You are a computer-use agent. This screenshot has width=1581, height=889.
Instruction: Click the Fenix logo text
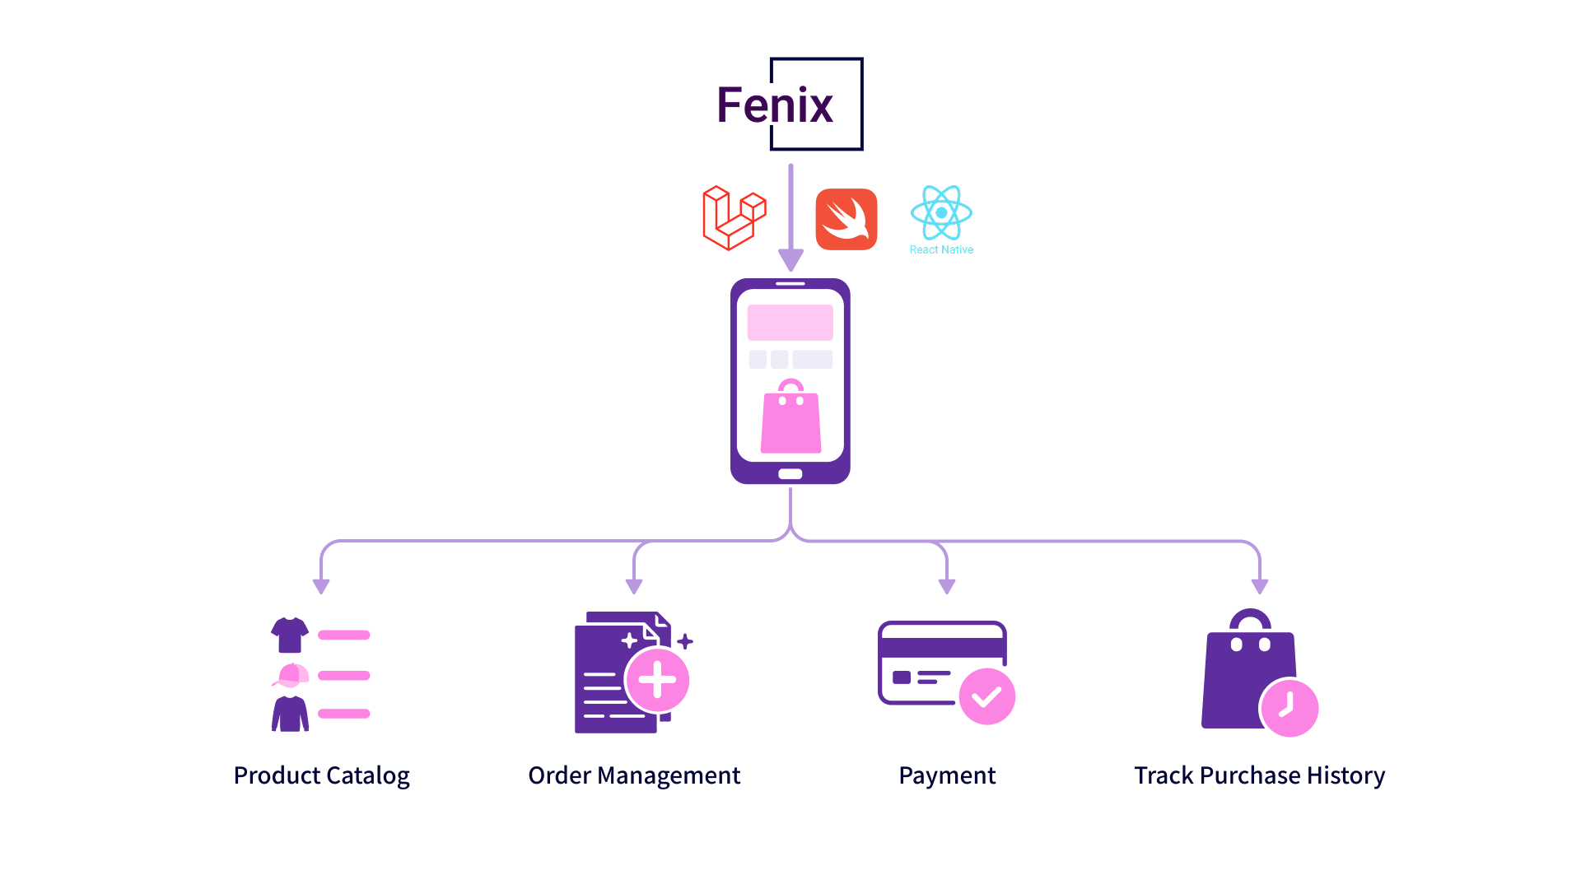pyautogui.click(x=775, y=105)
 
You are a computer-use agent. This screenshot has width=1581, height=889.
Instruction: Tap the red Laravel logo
pyautogui.click(x=734, y=218)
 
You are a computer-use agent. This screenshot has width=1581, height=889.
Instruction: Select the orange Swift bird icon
pyautogui.click(x=846, y=219)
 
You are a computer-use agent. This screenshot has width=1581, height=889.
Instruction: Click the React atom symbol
pyautogui.click(x=941, y=212)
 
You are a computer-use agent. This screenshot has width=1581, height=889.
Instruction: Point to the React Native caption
pyautogui.click(x=941, y=249)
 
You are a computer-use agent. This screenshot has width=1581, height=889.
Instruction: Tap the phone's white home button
pyautogui.click(x=790, y=474)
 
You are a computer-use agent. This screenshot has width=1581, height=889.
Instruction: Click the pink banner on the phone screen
pyautogui.click(x=790, y=323)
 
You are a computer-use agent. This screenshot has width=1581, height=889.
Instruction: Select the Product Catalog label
pyautogui.click(x=321, y=775)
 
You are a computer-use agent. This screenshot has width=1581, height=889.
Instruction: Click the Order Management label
pyautogui.click(x=634, y=775)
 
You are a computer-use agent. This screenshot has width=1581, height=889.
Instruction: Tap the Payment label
pyautogui.click(x=947, y=775)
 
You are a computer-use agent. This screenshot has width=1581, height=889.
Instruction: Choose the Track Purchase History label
pyautogui.click(x=1260, y=775)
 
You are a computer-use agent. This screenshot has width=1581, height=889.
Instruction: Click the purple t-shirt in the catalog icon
pyautogui.click(x=290, y=635)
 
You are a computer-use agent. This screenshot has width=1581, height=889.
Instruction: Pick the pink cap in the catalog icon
pyautogui.click(x=291, y=675)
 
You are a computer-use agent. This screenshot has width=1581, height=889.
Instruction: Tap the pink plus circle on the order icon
pyautogui.click(x=657, y=680)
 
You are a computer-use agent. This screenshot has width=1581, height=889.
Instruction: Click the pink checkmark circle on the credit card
pyautogui.click(x=987, y=696)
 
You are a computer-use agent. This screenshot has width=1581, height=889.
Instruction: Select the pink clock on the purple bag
pyautogui.click(x=1290, y=708)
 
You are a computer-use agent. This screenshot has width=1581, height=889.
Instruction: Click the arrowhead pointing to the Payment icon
pyautogui.click(x=947, y=586)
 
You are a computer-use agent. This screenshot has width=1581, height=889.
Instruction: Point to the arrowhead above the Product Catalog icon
pyautogui.click(x=321, y=586)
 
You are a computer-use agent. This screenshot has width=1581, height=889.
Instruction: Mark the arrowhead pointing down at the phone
pyautogui.click(x=790, y=261)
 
